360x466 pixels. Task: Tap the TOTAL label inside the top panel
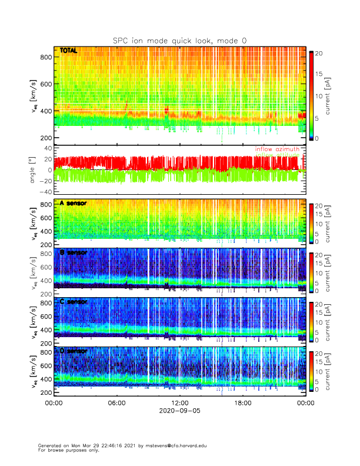click(x=69, y=51)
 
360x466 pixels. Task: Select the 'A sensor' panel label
click(x=74, y=203)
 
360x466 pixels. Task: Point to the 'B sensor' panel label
click(x=74, y=252)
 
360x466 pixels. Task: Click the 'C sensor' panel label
click(x=74, y=302)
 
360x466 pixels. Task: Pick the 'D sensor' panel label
click(x=74, y=351)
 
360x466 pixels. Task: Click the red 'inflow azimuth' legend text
click(x=277, y=149)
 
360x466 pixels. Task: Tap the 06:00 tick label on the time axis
click(x=116, y=403)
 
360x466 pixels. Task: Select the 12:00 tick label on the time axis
click(x=180, y=403)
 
